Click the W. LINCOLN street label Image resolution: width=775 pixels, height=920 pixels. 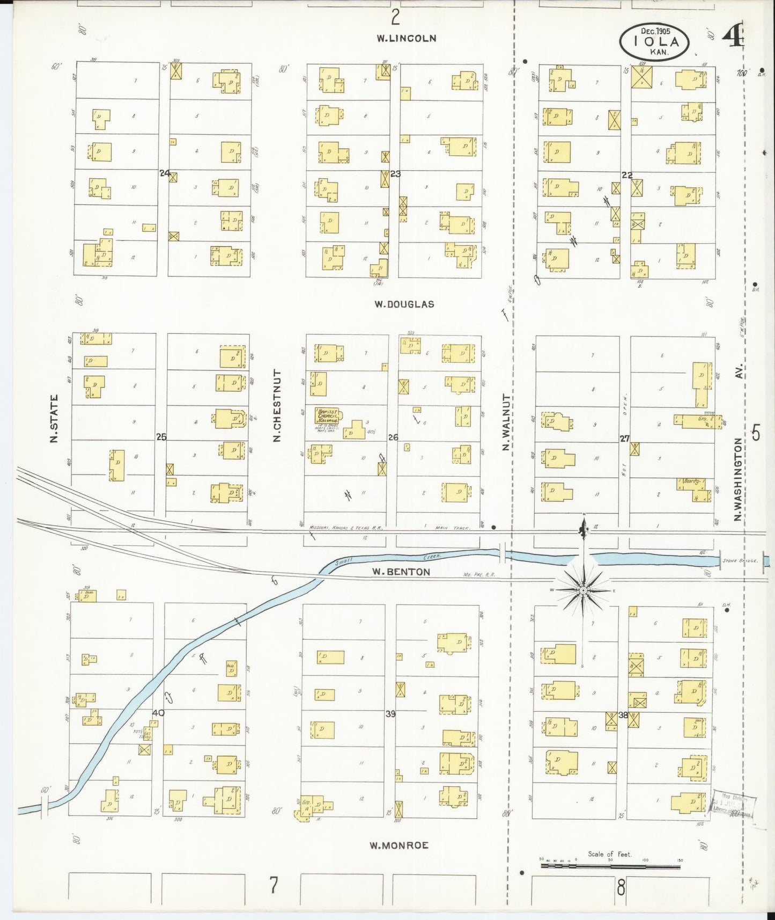[x=406, y=38]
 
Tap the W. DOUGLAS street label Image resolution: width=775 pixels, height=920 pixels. [x=404, y=304]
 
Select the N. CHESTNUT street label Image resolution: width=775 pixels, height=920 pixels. [x=277, y=405]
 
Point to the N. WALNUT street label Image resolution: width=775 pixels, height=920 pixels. [x=505, y=421]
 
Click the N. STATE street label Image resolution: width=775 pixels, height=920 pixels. [x=54, y=419]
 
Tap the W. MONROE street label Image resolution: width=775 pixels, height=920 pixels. [x=398, y=845]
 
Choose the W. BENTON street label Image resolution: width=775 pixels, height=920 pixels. [x=401, y=572]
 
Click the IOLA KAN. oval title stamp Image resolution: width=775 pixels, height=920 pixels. [x=654, y=42]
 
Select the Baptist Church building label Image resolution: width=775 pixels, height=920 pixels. [x=327, y=416]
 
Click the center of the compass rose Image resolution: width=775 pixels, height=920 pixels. [x=583, y=590]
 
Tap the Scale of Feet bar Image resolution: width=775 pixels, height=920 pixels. [x=610, y=866]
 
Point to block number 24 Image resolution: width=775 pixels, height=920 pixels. [x=165, y=173]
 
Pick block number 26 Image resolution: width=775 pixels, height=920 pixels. [x=393, y=437]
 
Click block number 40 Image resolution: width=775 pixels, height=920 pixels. [x=158, y=713]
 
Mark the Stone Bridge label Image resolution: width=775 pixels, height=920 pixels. [x=740, y=560]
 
